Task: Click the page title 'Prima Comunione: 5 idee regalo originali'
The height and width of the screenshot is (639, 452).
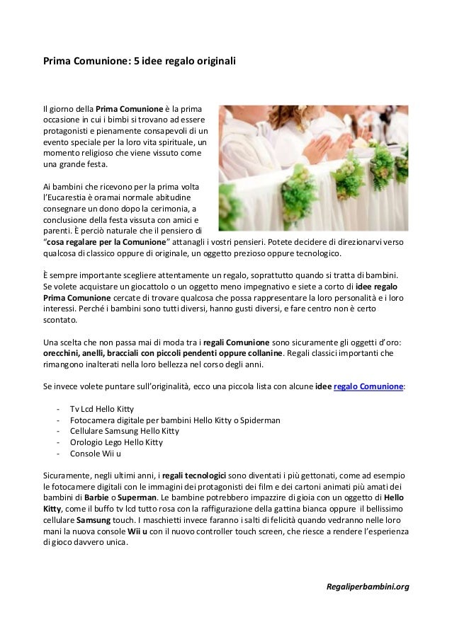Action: pyautogui.click(x=139, y=62)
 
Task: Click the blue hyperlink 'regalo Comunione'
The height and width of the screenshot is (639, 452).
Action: pyautogui.click(x=368, y=388)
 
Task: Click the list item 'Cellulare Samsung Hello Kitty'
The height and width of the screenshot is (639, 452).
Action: pyautogui.click(x=124, y=431)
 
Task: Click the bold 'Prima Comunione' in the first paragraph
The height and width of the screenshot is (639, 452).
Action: pyautogui.click(x=128, y=110)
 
